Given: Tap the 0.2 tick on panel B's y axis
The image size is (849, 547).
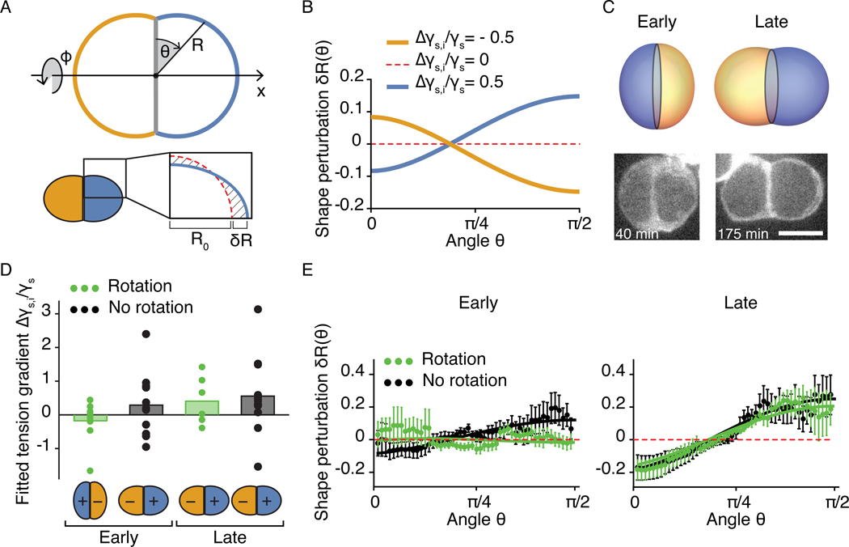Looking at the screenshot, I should tap(348, 74).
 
